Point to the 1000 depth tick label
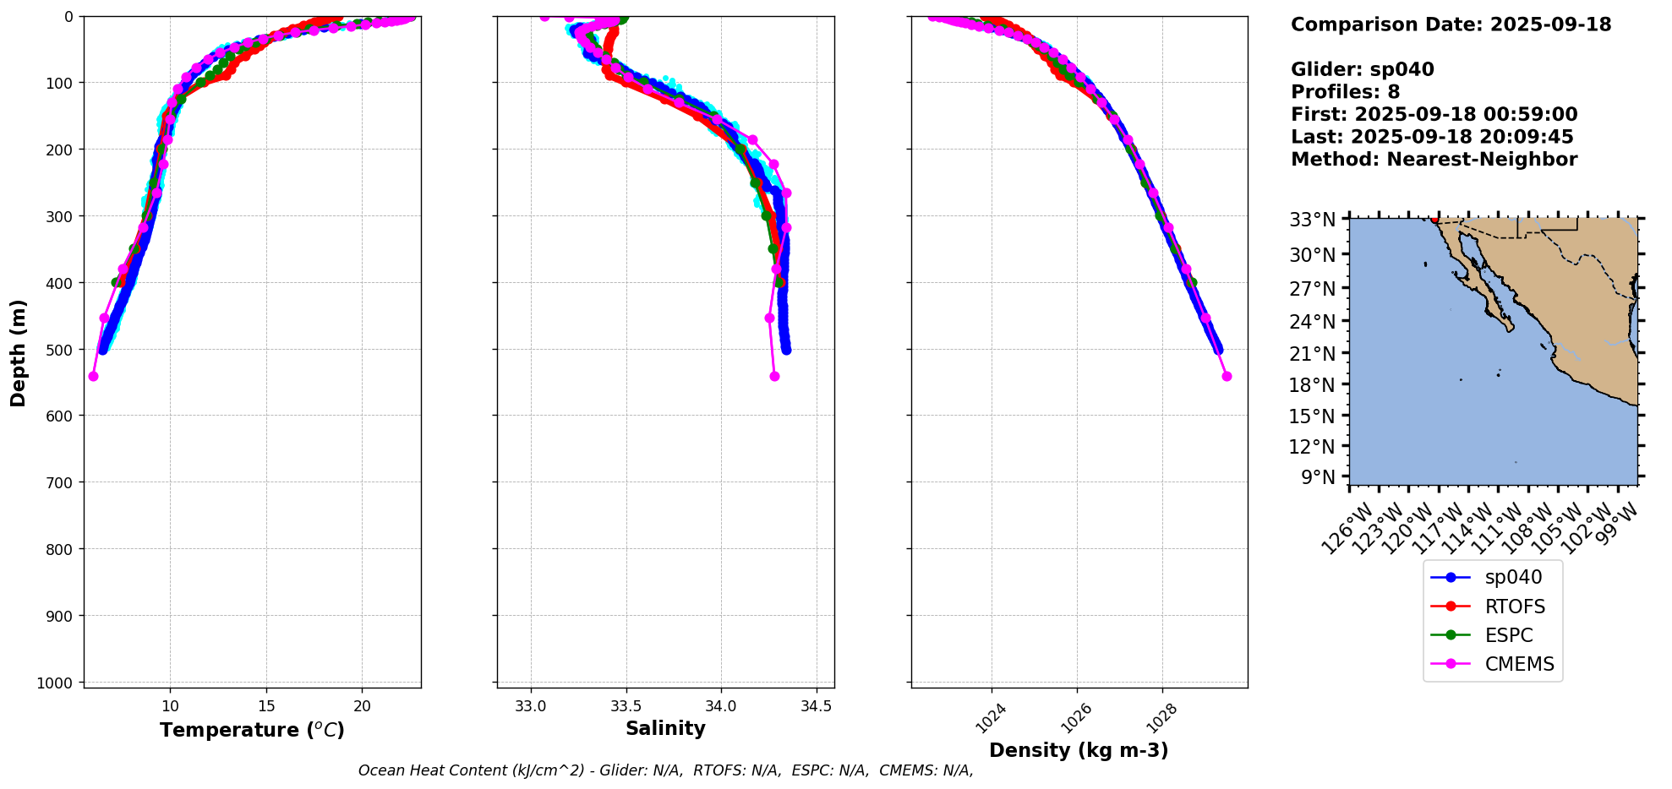point(57,683)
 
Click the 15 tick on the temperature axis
point(266,707)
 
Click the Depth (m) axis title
point(18,352)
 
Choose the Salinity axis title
point(665,729)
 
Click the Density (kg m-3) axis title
point(1079,750)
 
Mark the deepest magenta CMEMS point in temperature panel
point(94,376)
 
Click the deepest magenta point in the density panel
point(1227,376)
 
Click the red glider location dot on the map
point(1434,220)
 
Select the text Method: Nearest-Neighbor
point(1434,160)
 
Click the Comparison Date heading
point(1451,24)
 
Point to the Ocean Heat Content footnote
point(665,770)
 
